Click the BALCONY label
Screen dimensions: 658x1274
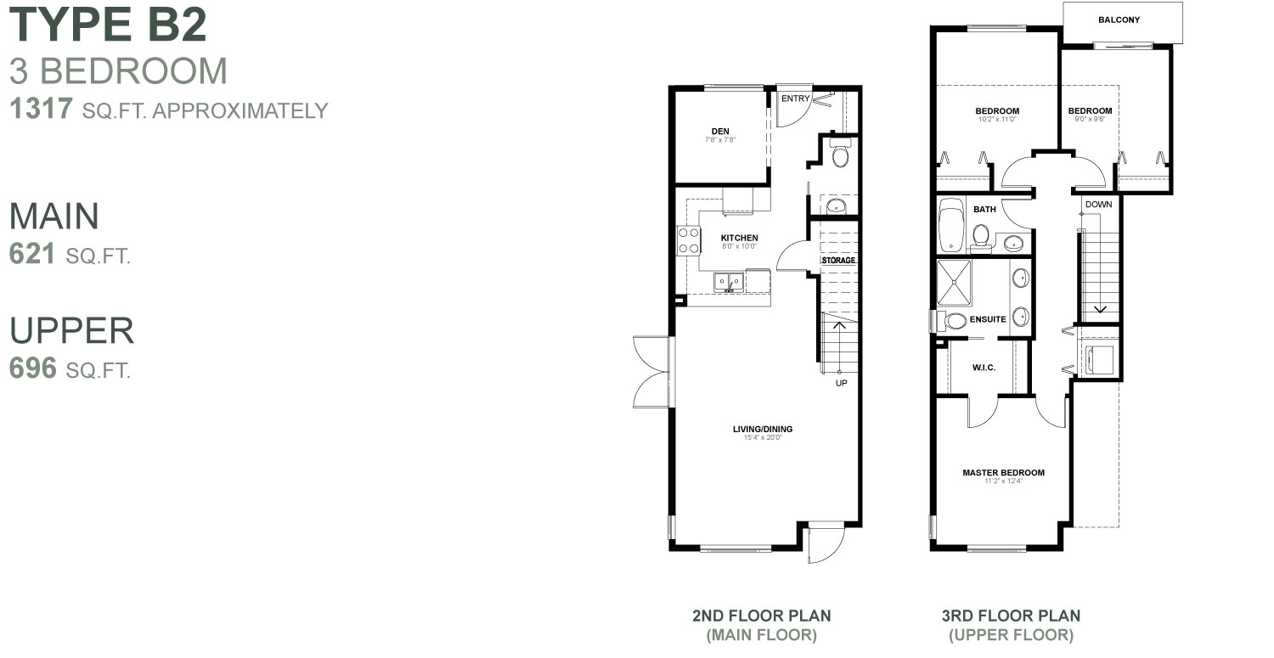click(x=1119, y=20)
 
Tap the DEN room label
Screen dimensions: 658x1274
click(x=720, y=131)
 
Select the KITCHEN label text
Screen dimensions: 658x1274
click(x=739, y=238)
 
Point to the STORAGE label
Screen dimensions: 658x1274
click(x=838, y=260)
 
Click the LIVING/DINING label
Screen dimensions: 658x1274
click(x=762, y=430)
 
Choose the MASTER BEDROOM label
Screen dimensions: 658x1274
click(x=1003, y=473)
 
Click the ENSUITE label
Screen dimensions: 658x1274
click(x=988, y=320)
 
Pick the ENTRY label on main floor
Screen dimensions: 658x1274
click(x=796, y=98)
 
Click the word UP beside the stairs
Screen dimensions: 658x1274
click(x=842, y=383)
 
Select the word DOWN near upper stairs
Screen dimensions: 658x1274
click(x=1098, y=205)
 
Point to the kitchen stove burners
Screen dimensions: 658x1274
click(x=688, y=239)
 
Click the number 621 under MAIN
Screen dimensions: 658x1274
click(x=33, y=254)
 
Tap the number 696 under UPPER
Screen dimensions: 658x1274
click(x=33, y=368)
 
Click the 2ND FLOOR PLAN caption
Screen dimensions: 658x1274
click(x=761, y=616)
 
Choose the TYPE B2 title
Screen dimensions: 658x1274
click(x=108, y=25)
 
